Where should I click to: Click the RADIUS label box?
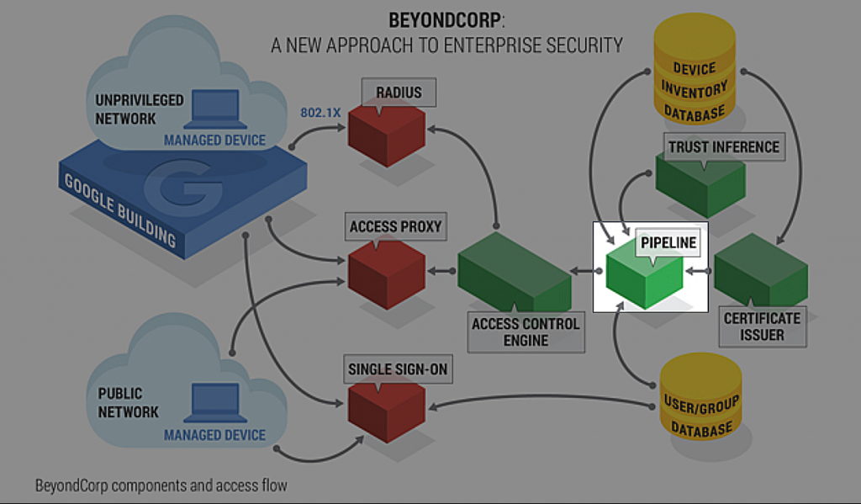tap(399, 93)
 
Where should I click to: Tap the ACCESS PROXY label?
tap(395, 226)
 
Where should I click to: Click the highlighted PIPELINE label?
tap(669, 243)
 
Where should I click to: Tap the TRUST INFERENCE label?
tap(723, 147)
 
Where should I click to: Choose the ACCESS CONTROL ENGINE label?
tap(526, 332)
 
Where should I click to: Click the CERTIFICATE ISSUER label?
tap(762, 327)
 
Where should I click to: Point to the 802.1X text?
tap(320, 113)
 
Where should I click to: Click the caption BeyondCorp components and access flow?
tap(161, 485)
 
